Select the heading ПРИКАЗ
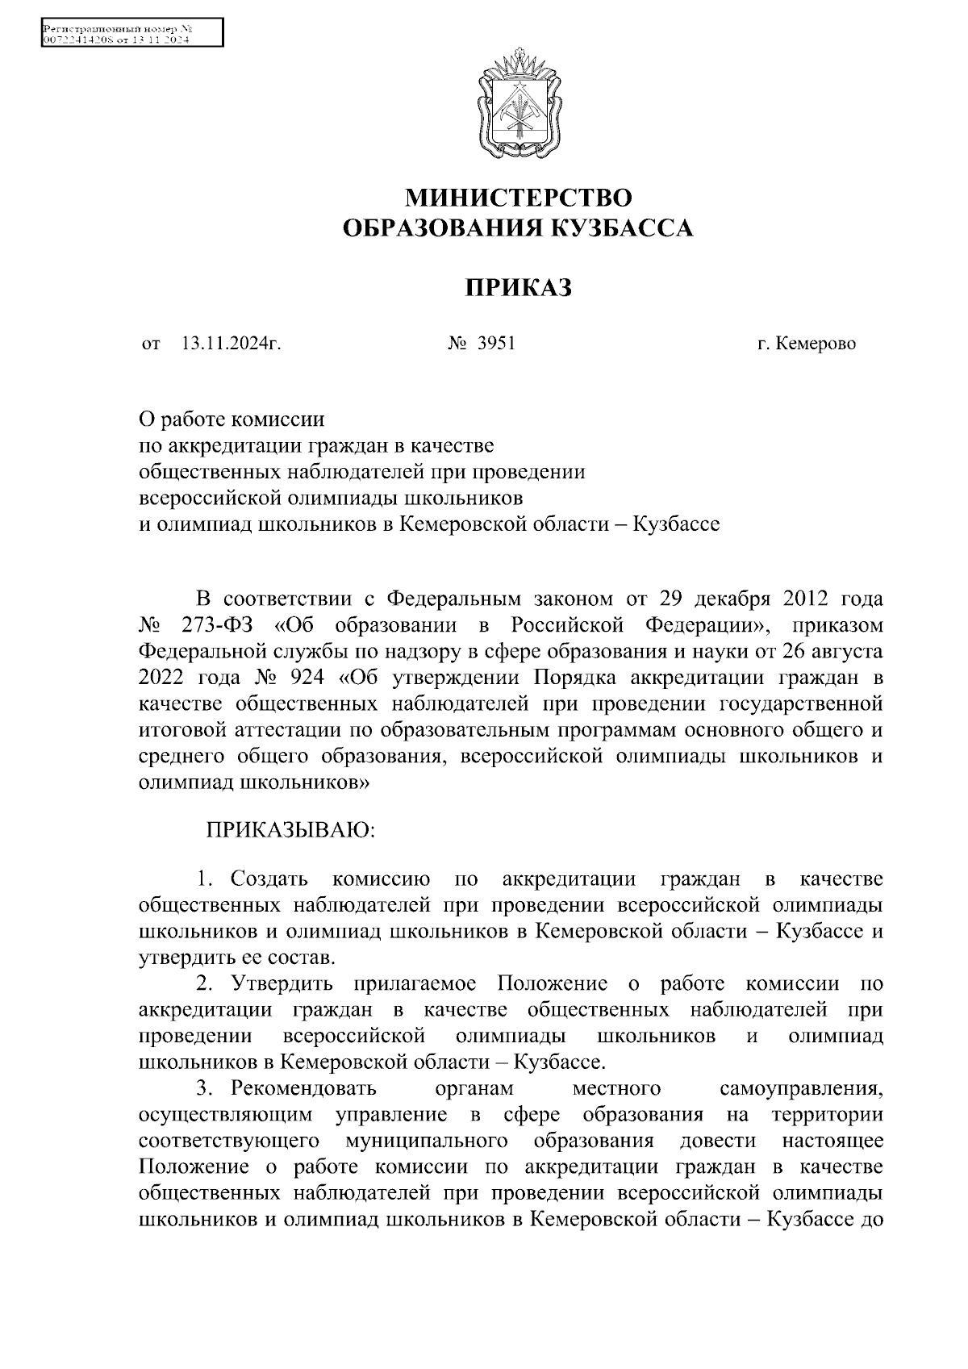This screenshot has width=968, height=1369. click(x=518, y=287)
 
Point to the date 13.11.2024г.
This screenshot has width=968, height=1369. click(x=231, y=344)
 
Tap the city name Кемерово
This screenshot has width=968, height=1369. click(x=816, y=344)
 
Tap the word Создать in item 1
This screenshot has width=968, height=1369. click(x=269, y=879)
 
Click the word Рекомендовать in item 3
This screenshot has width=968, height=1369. click(x=303, y=1088)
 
